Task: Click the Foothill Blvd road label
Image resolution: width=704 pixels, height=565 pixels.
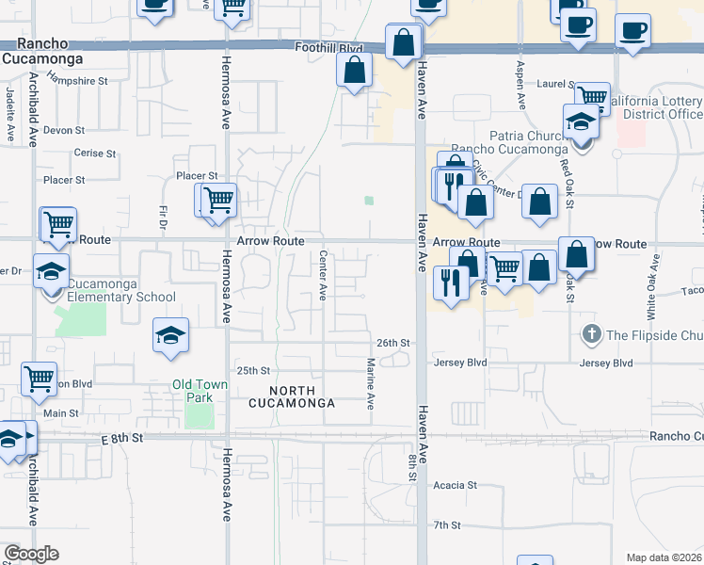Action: point(328,48)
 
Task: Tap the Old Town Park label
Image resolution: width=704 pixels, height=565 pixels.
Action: point(192,391)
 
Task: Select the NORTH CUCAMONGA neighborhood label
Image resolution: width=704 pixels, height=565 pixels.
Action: point(290,396)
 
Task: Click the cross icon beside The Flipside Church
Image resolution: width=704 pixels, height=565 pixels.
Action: point(592,334)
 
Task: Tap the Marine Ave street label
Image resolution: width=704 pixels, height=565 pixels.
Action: point(371,383)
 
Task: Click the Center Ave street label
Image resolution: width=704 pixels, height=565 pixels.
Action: point(322,275)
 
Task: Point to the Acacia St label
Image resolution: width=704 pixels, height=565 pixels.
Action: point(456,486)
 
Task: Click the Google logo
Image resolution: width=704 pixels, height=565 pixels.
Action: point(30,554)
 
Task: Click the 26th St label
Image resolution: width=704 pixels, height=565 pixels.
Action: point(393,343)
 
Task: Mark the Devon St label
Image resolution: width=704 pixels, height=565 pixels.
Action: point(64,129)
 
